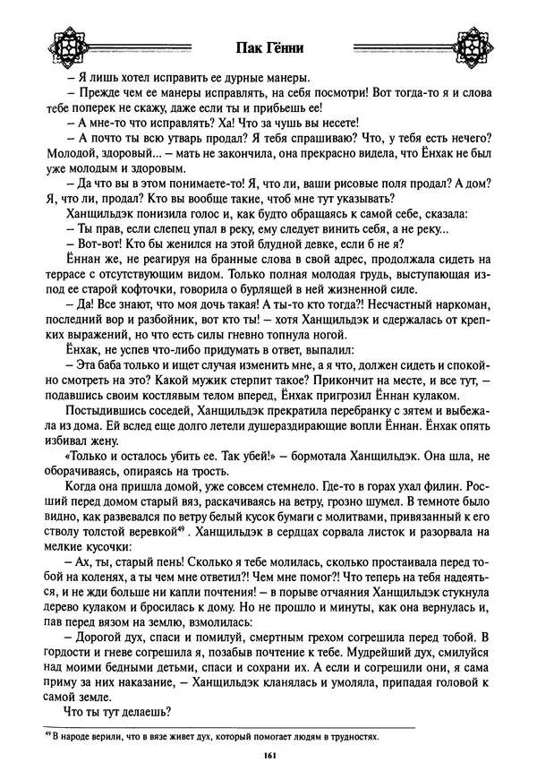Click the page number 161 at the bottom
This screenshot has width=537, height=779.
[268, 757]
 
